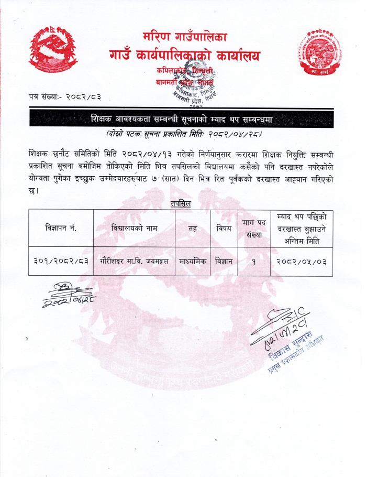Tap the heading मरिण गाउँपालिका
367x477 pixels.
coord(184,37)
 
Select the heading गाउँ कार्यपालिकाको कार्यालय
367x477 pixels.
coord(184,55)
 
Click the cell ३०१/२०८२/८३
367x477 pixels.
coord(61,261)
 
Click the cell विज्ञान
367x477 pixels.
coord(224,261)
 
